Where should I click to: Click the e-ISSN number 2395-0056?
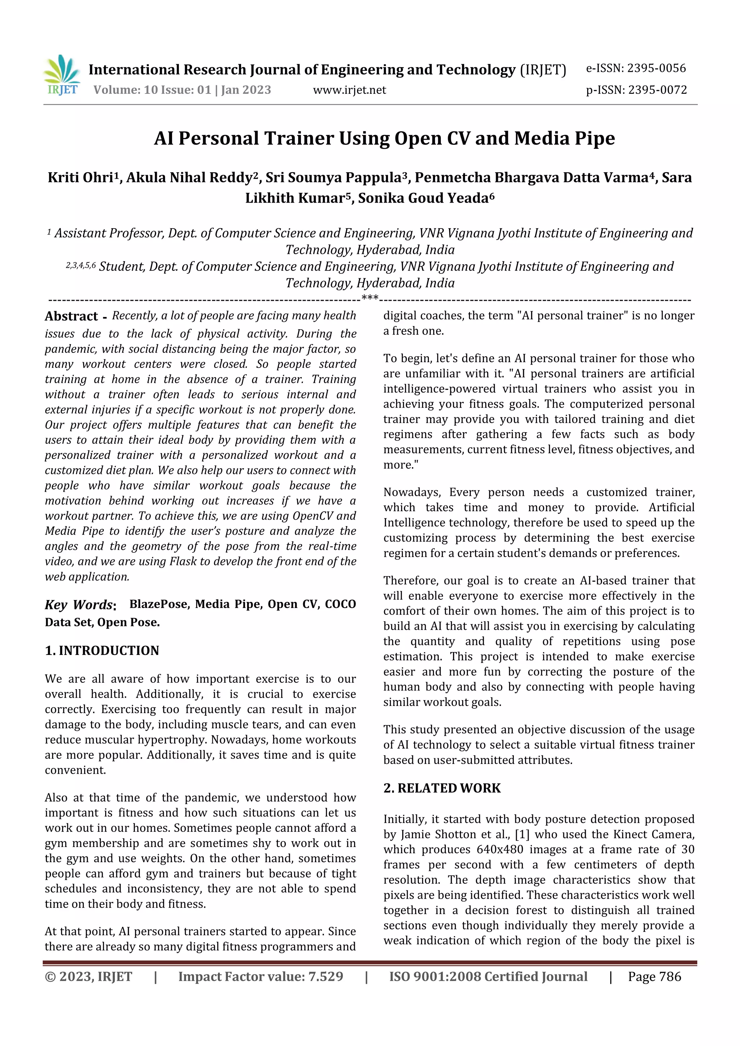656,68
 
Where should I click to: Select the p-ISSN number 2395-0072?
657,90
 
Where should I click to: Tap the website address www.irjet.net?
349,90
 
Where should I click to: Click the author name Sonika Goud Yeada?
425,198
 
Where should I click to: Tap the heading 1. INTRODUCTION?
102,651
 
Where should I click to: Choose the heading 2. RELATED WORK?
442,788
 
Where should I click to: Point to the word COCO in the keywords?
340,604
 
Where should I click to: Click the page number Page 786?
654,977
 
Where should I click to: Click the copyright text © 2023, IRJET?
89,977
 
